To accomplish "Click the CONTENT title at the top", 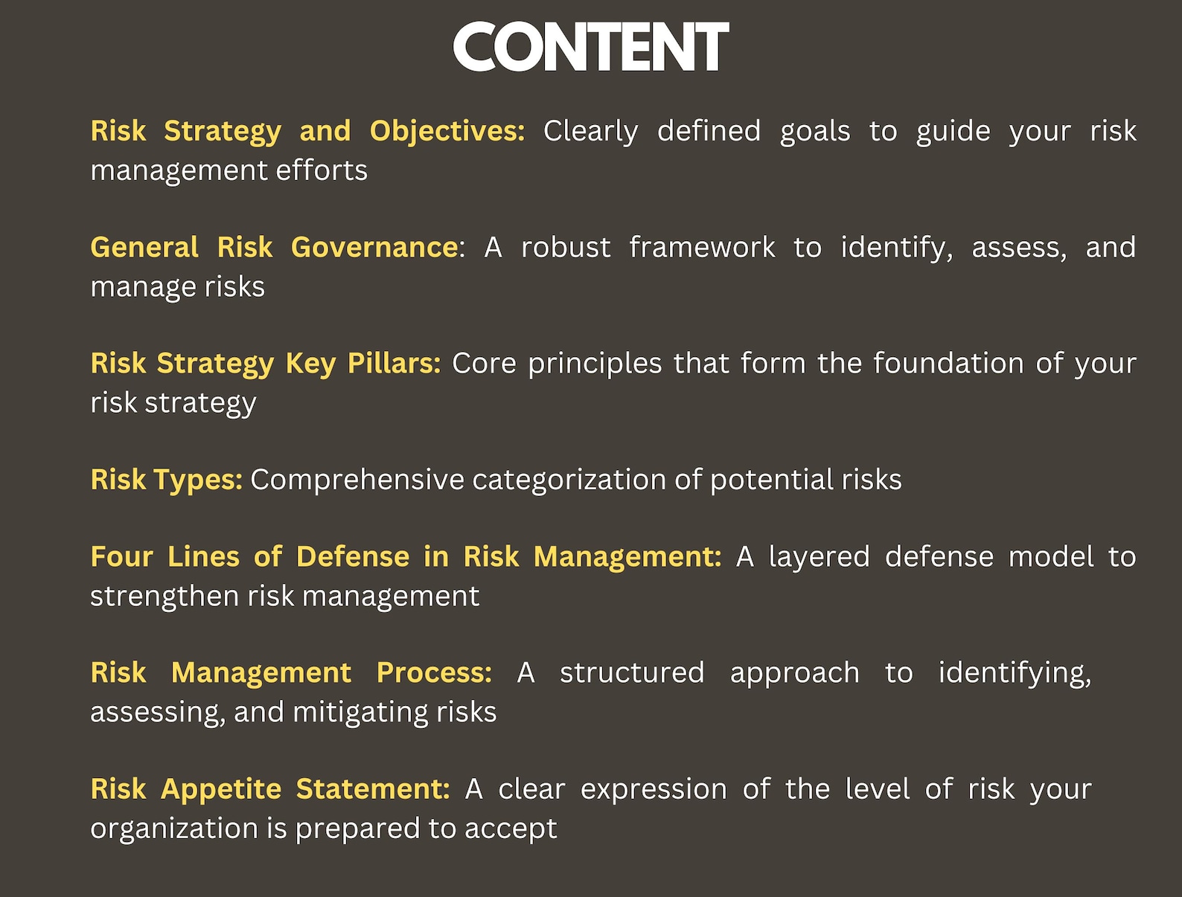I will coord(590,47).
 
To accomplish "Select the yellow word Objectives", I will coord(447,131).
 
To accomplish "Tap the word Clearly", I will coord(590,131).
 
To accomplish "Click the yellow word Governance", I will coord(374,247).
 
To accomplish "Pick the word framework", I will coord(702,247).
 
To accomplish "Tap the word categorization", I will coord(569,480).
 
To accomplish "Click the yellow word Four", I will coord(121,556).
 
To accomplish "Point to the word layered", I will coord(819,556).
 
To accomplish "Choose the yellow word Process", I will coord(433,672).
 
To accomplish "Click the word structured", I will coord(632,672).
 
